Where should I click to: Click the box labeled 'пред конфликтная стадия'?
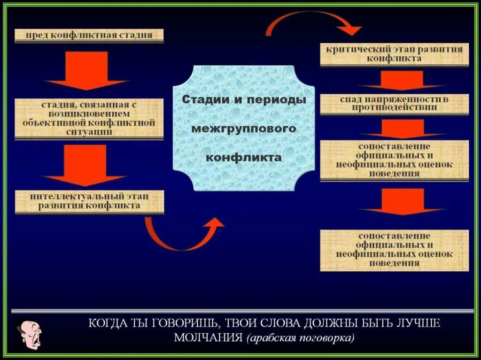point(89,36)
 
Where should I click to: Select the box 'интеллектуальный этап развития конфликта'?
point(89,200)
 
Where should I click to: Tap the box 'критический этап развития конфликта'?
point(394,54)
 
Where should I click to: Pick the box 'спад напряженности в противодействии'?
point(394,104)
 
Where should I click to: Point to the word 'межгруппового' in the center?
point(243,128)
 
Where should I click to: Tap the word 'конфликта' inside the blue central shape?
point(243,157)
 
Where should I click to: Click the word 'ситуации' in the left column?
point(89,132)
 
